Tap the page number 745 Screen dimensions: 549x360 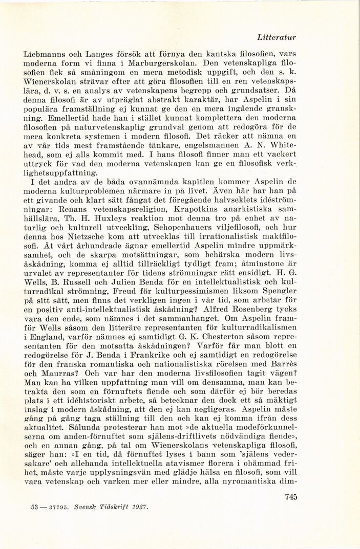point(290,496)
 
